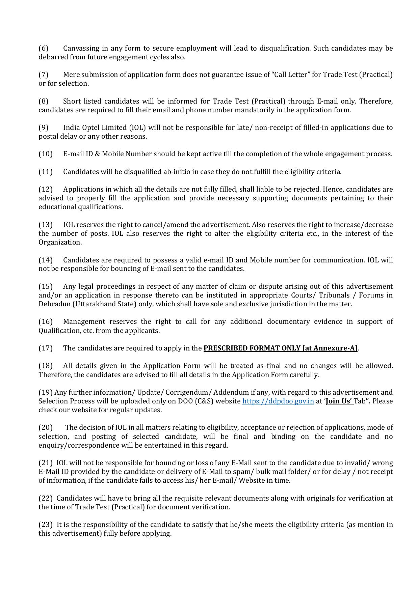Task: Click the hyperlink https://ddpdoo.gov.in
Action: pos(278,401)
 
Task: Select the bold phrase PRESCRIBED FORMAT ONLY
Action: pos(252,348)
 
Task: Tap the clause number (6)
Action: pos(44,48)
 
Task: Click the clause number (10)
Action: pos(46,154)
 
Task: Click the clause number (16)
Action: pos(46,321)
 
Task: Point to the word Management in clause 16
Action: pos(84,321)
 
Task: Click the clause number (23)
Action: pos(46,525)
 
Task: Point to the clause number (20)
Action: pos(46,427)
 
